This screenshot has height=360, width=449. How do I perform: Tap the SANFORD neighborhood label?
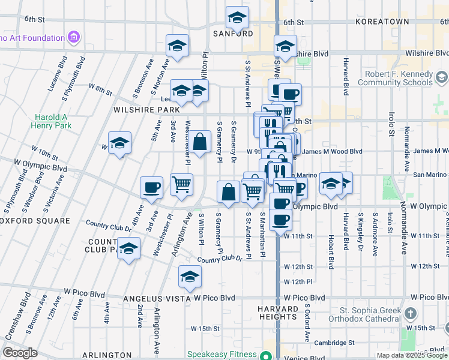pyautogui.click(x=233, y=34)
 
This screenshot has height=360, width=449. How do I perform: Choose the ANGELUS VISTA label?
pyautogui.click(x=157, y=298)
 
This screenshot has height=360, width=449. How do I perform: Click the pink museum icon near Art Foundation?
pyautogui.click(x=74, y=38)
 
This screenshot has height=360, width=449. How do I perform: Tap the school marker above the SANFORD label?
pyautogui.click(x=237, y=17)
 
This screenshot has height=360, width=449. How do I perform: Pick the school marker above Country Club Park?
pyautogui.click(x=128, y=248)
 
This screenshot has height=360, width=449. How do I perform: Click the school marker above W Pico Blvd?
pyautogui.click(x=190, y=277)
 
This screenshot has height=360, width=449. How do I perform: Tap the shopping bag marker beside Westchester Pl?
pyautogui.click(x=202, y=142)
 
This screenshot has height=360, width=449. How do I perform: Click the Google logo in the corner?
pyautogui.click(x=20, y=353)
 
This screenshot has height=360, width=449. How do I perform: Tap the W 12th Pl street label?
pyautogui.click(x=298, y=281)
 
